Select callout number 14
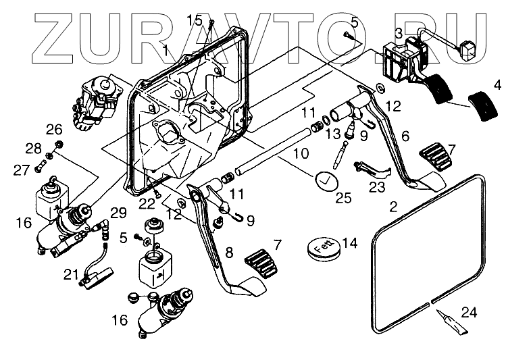[350, 243]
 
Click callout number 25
[344, 198]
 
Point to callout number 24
[469, 311]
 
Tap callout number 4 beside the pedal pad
[497, 86]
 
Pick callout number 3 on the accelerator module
[399, 32]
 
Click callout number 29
[118, 213]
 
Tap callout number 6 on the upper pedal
[405, 135]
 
